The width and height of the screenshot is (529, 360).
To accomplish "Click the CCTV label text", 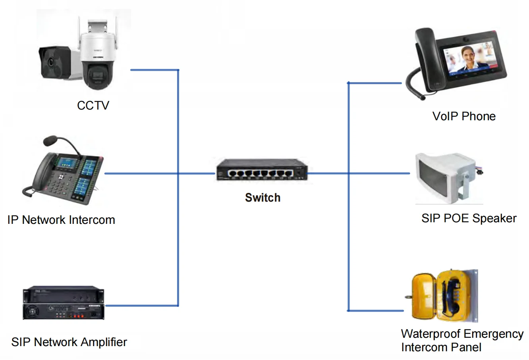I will coord(93,106).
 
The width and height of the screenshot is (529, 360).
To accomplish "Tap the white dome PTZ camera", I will coord(97,60).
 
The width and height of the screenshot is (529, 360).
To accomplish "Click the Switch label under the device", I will coord(263,198).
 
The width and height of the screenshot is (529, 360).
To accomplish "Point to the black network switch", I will coord(262,170).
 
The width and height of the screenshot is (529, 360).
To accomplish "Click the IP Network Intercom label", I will coord(61,220).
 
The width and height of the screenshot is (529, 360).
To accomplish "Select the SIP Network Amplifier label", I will coord(69,342).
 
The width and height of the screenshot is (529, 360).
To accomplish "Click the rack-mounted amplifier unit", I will coord(64,304).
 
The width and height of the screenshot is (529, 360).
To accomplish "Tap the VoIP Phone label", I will coord(464,116).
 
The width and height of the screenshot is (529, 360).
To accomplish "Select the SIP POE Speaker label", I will coord(469,218).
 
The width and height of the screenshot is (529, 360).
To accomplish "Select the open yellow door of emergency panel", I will coord(423,296).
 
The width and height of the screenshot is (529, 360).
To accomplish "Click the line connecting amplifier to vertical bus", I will coord(141,306).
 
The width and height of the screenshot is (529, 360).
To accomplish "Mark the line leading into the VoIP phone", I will coord(375,83).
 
